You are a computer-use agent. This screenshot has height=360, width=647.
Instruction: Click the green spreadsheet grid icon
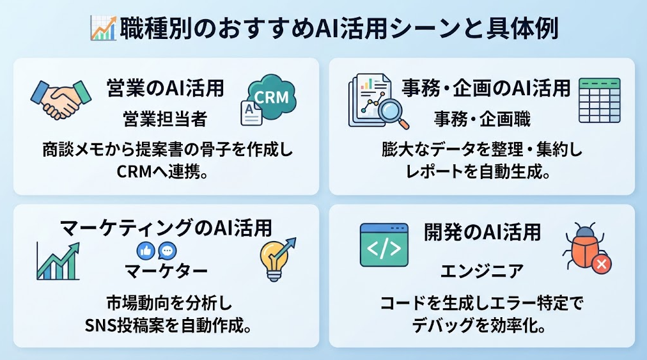tap(599, 100)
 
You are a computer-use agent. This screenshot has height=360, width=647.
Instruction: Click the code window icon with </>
tap(384, 246)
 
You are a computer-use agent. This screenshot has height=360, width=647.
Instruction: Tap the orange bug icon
tap(582, 246)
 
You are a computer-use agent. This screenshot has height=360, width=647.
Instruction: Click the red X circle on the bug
tap(601, 263)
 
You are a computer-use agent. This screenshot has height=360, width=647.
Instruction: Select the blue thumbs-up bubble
tap(146, 251)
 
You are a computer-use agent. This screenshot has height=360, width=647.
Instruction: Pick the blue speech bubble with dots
tap(168, 251)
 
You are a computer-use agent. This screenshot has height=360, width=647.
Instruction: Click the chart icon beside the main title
tap(103, 28)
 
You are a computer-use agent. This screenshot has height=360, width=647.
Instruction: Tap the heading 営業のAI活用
tap(165, 88)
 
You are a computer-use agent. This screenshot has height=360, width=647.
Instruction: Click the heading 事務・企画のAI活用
tap(486, 88)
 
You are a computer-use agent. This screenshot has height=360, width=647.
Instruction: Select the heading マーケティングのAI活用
tap(166, 228)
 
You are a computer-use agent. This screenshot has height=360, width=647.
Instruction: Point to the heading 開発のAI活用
tap(482, 232)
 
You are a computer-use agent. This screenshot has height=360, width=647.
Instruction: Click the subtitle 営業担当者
tap(165, 120)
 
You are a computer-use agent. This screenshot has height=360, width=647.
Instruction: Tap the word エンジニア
tap(482, 271)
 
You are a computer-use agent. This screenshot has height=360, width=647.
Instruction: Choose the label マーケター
tap(166, 271)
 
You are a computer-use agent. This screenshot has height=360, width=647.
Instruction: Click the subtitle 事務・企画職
tap(482, 120)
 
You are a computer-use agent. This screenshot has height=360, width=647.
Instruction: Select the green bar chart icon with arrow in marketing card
tap(58, 262)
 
